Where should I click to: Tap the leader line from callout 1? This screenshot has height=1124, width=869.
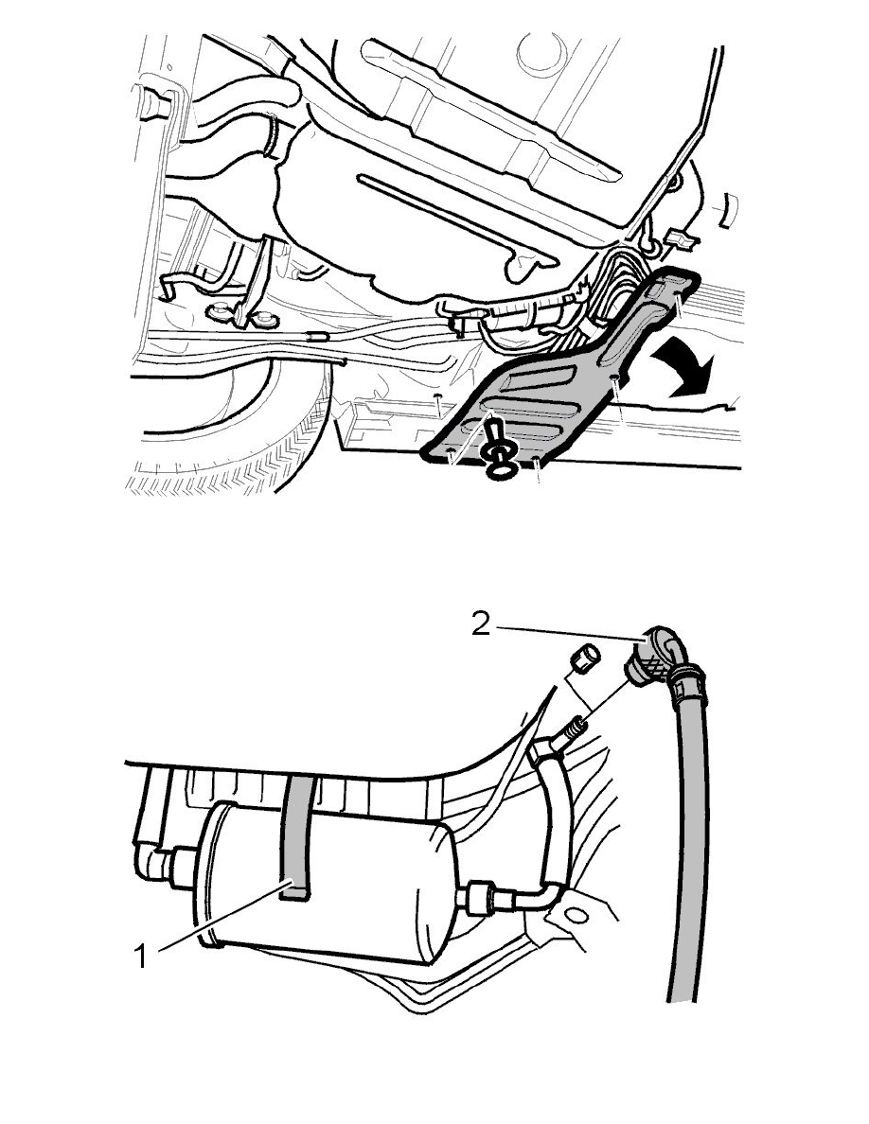point(218,921)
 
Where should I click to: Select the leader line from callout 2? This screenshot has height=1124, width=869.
point(568,634)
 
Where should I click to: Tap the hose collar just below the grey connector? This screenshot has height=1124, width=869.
point(683,680)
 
